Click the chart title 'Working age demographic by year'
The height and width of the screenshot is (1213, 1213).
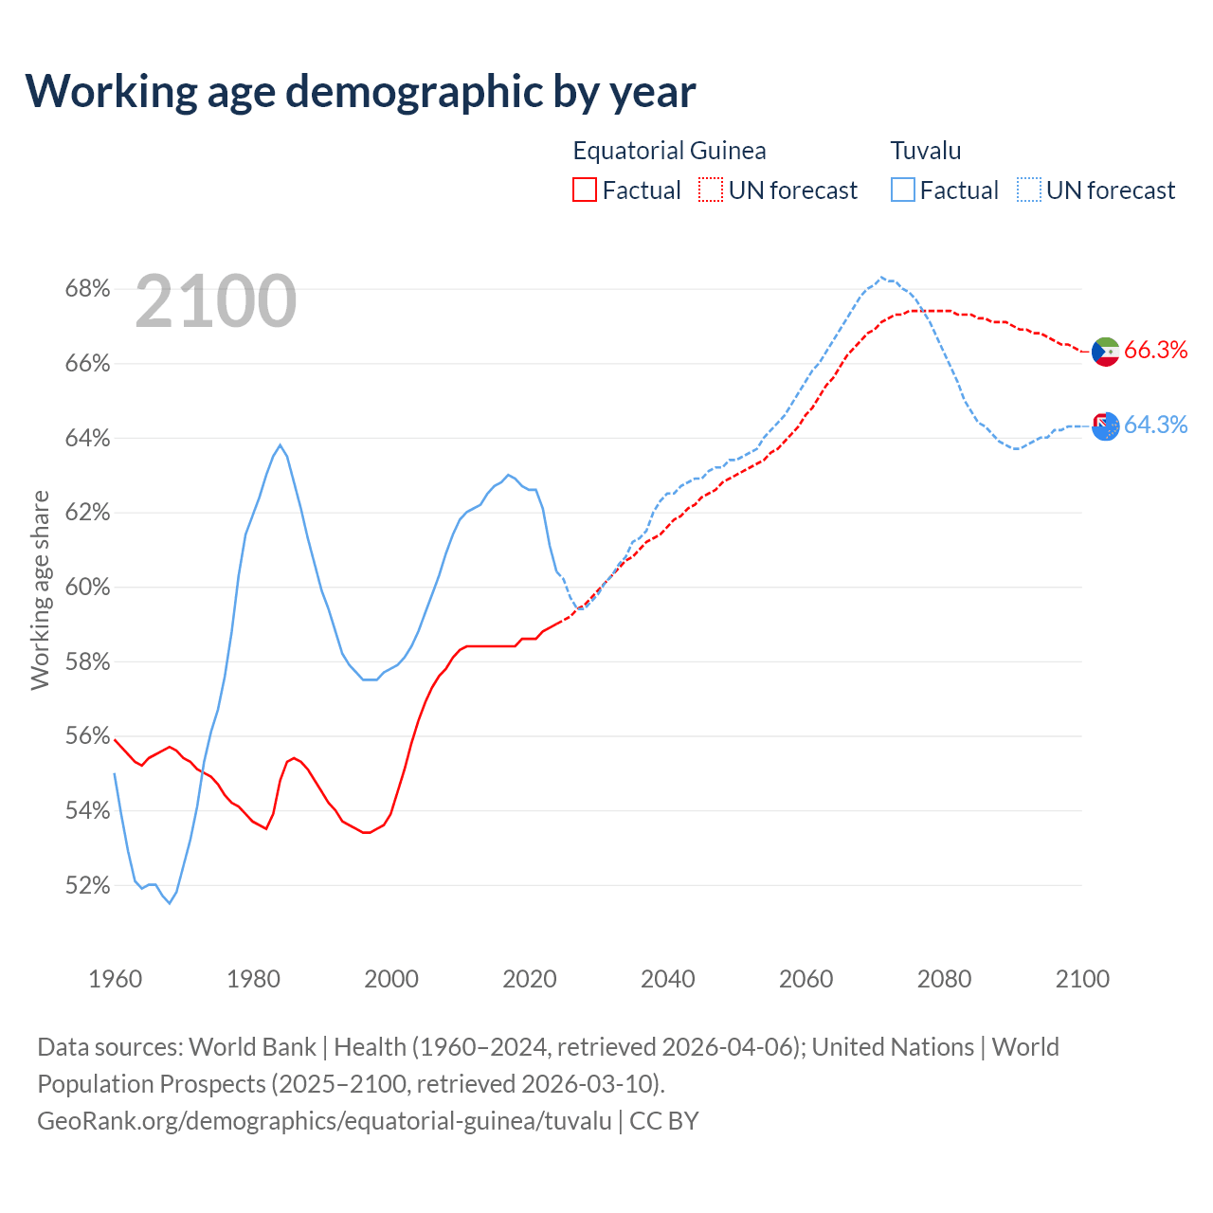point(361,91)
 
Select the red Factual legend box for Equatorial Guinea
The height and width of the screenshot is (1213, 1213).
point(585,190)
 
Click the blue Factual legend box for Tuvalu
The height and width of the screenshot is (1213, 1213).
point(903,190)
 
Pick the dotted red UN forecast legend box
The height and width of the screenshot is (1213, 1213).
point(711,190)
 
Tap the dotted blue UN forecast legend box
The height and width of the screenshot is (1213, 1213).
point(1029,190)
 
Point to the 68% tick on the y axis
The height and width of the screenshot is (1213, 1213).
point(87,289)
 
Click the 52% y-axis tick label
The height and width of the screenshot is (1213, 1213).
point(87,886)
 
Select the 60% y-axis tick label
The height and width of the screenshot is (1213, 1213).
point(87,588)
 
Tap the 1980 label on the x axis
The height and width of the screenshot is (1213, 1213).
point(253,979)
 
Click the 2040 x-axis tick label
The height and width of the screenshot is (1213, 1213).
point(667,979)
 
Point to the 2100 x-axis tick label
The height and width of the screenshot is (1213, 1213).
point(1082,979)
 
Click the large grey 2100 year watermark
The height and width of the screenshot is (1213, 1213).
point(216,301)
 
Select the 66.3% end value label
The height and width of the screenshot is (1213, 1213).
point(1155,351)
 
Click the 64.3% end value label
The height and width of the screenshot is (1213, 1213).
point(1155,425)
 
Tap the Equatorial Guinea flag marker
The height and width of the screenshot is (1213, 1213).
point(1106,352)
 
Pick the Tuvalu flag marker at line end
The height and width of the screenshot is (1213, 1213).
point(1106,426)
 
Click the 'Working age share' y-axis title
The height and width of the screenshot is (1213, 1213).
point(40,589)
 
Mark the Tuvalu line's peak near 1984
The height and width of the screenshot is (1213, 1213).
point(280,444)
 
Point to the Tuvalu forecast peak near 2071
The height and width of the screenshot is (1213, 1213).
point(881,277)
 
